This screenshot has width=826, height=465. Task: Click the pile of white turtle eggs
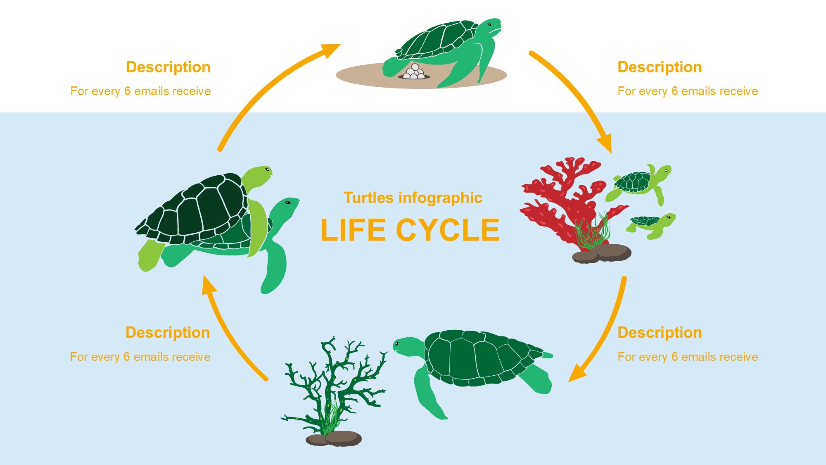414,73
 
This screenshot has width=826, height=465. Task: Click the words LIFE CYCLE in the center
410,230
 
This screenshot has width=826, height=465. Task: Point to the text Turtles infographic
413,198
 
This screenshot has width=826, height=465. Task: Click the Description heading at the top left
168,67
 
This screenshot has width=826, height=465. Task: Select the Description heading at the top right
660,67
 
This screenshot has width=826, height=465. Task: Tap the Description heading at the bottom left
168,333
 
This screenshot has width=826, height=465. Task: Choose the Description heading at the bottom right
660,333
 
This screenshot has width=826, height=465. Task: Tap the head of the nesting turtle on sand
491,26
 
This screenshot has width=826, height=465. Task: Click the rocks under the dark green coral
334,439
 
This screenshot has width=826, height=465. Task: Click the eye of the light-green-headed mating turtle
267,169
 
